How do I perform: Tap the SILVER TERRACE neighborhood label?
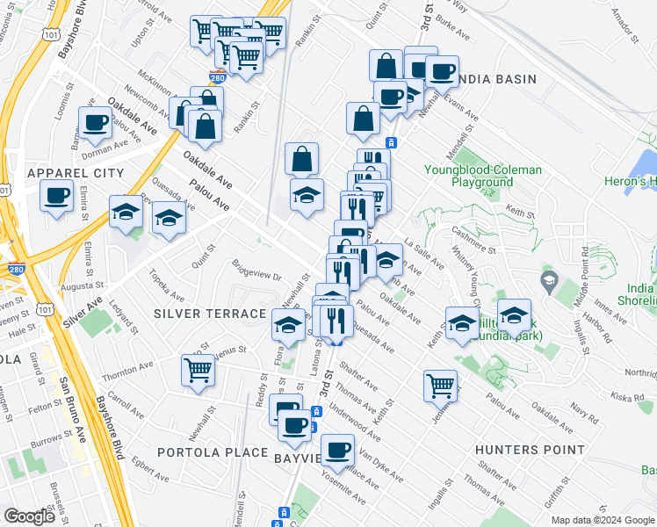[x=210, y=314]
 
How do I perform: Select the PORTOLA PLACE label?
[x=213, y=452]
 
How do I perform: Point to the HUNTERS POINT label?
[x=530, y=450]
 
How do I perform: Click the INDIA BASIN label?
[x=496, y=79]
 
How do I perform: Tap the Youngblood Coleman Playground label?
[x=470, y=176]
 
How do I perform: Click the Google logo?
[x=30, y=516]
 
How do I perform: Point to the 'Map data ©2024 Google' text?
[x=603, y=520]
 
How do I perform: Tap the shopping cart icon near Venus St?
[x=199, y=370]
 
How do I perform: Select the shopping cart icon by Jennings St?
[x=440, y=384]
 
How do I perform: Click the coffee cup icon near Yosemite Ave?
[x=336, y=451]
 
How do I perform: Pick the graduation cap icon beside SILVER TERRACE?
[x=286, y=326]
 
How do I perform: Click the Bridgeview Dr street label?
[x=256, y=270]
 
